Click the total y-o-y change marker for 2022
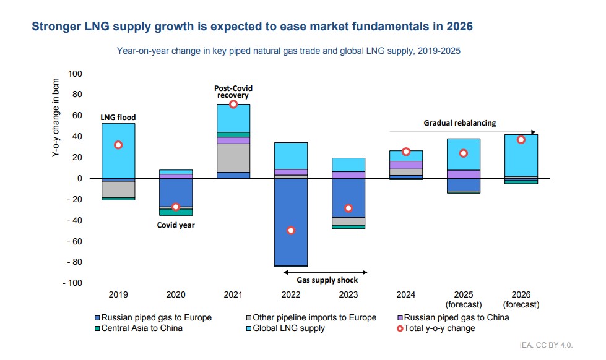click(290, 230)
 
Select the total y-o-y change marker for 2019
click(118, 145)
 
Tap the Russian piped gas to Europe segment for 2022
click(290, 221)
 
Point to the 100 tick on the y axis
click(74, 74)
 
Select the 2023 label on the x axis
click(348, 294)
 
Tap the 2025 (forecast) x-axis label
click(464, 299)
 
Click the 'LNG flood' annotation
click(118, 117)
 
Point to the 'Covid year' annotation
click(175, 225)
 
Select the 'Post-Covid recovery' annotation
click(233, 92)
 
